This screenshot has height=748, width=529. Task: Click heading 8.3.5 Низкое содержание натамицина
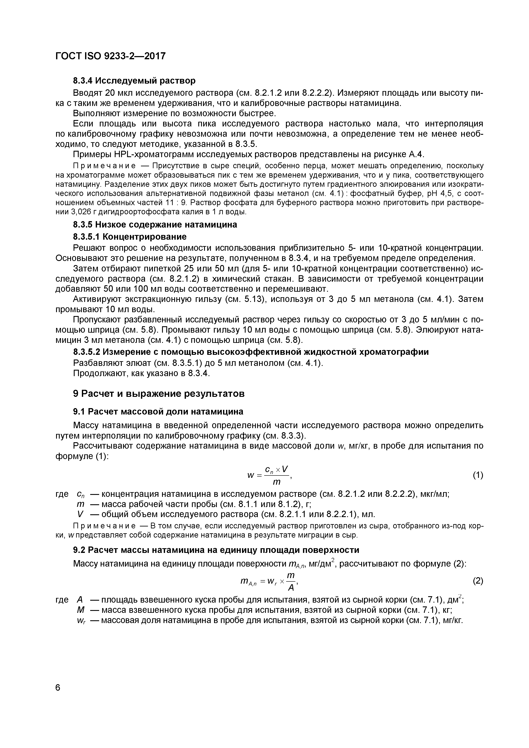coord(155,225)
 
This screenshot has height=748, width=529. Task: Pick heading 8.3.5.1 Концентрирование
coord(130,236)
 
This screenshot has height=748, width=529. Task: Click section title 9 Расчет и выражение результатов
coord(159,394)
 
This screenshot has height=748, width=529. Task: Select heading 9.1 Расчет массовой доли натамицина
coord(158,412)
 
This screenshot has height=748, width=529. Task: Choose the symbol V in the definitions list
coord(80,514)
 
